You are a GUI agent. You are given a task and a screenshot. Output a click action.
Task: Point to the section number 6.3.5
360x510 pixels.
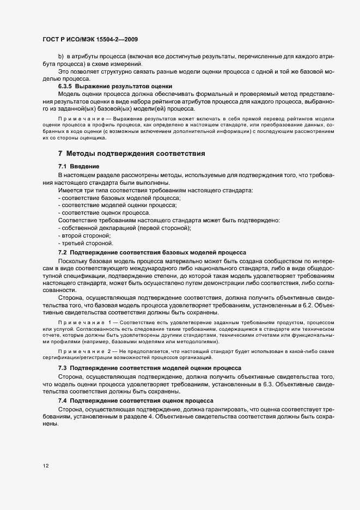(x=65, y=86)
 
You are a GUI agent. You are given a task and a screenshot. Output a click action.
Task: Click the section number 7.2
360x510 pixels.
(x=62, y=252)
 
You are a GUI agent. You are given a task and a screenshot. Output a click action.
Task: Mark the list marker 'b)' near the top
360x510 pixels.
(x=61, y=57)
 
